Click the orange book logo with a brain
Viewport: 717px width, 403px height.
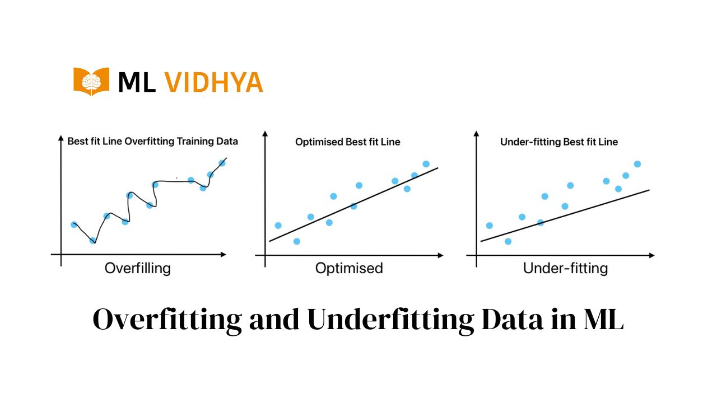pos(91,82)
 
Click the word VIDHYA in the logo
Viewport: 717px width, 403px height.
pos(213,82)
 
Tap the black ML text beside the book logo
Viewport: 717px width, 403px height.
pos(137,82)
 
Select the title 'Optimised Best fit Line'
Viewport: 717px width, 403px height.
pos(348,142)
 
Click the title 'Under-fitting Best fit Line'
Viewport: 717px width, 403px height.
pos(559,142)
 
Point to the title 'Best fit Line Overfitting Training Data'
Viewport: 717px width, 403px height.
pos(153,142)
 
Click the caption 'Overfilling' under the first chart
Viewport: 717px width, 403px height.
pos(138,268)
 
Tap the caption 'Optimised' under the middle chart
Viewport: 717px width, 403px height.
pos(349,268)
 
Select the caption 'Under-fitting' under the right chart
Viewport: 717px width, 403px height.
pos(565,268)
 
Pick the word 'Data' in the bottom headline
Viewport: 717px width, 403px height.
pos(512,320)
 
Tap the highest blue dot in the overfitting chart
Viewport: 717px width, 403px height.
pos(222,163)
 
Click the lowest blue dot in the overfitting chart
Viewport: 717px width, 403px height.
pos(92,241)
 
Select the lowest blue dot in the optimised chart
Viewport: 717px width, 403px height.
pos(297,241)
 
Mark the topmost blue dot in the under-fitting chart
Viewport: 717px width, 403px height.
pos(637,164)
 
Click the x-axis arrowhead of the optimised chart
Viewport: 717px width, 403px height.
pos(441,256)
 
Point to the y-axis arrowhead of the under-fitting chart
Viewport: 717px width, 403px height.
pos(476,133)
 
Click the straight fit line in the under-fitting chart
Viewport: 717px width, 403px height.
pos(565,216)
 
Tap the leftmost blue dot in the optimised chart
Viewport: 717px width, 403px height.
pos(278,226)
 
